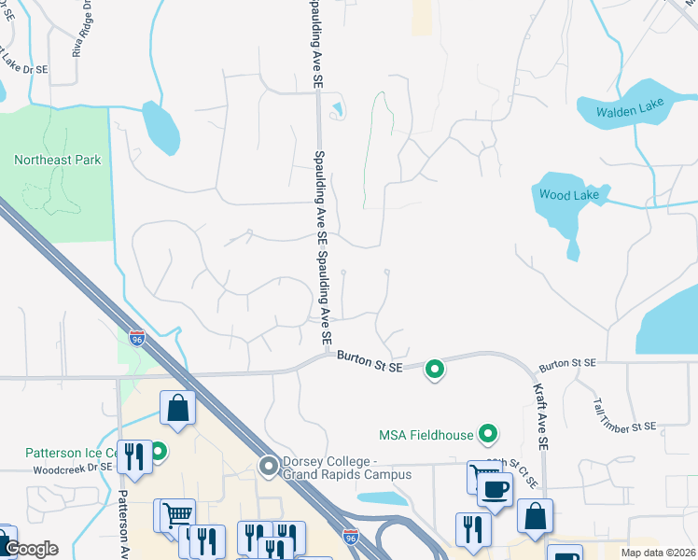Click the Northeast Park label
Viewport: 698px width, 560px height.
(x=58, y=160)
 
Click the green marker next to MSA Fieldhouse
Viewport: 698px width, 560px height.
(x=487, y=433)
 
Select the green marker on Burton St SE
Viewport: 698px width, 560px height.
(x=434, y=371)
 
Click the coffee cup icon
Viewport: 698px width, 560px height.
(x=495, y=489)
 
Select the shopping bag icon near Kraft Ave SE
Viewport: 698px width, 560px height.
(x=536, y=517)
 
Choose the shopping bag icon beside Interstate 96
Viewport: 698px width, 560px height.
(x=177, y=409)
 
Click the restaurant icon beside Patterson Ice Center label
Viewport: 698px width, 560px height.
(x=134, y=456)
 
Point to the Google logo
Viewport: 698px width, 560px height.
(x=31, y=549)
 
